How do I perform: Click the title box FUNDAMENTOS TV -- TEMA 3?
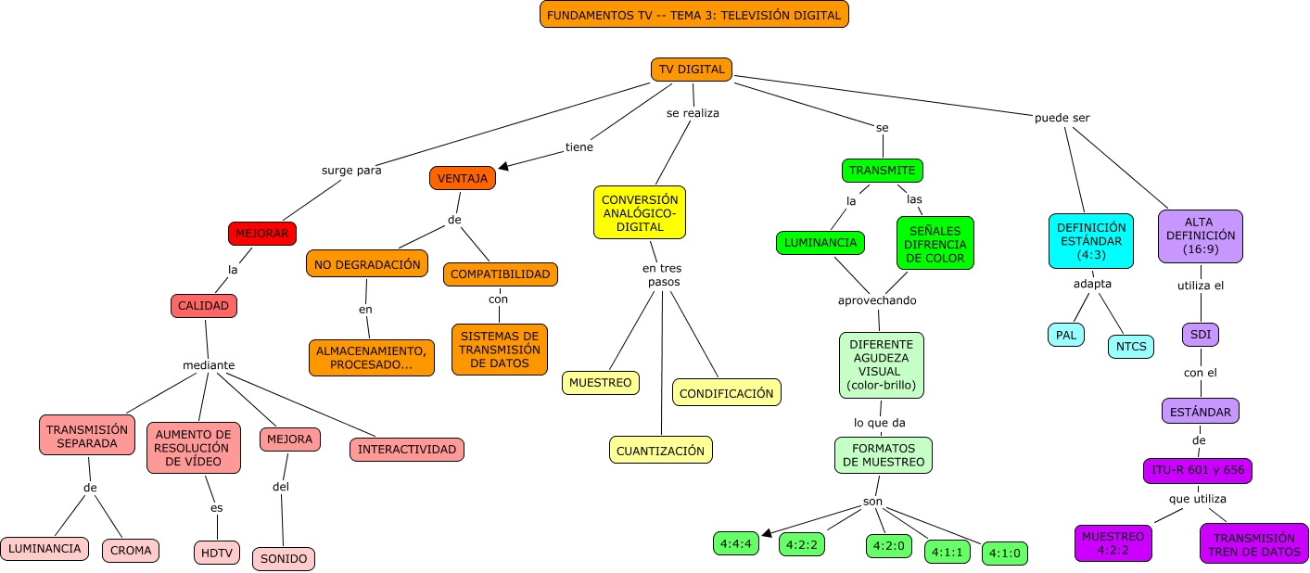pos(693,15)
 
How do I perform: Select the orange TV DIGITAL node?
pos(692,70)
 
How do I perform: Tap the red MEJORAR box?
pos(262,234)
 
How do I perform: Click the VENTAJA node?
pos(462,178)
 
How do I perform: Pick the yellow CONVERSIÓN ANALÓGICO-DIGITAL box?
pos(640,212)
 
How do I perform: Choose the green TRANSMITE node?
pos(882,171)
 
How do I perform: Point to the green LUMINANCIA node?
pos(820,243)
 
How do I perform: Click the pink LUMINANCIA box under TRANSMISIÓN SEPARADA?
pos(45,549)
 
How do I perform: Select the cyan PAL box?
pos(1066,335)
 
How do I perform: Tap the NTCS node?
pos(1131,347)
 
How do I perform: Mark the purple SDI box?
pos(1200,335)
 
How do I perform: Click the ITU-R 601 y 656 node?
pos(1197,470)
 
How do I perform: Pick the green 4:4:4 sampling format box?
pos(736,543)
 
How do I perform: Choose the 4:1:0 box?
pos(1005,554)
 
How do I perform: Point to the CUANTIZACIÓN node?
pos(661,451)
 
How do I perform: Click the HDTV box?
pos(217,553)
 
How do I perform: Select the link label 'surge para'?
pos(351,170)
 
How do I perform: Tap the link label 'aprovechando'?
pos(877,300)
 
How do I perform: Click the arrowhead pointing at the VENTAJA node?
pos(503,167)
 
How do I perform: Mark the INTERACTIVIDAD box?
pos(407,450)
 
